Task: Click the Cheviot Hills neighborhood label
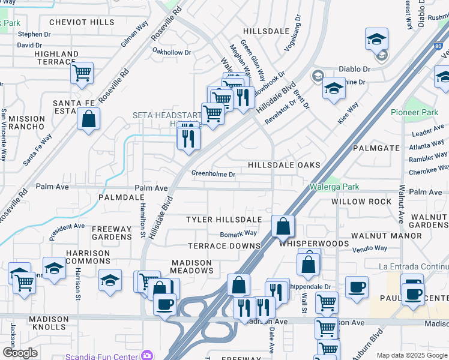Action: pyautogui.click(x=82, y=22)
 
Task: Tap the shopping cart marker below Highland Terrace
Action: pyautogui.click(x=82, y=73)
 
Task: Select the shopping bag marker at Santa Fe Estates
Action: pyautogui.click(x=89, y=118)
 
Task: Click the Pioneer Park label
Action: pyautogui.click(x=414, y=112)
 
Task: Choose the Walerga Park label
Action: pyautogui.click(x=334, y=187)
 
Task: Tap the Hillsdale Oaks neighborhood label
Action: pyautogui.click(x=284, y=165)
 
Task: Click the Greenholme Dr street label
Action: pyautogui.click(x=213, y=174)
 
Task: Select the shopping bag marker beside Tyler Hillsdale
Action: pyautogui.click(x=283, y=226)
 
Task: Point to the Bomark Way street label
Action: pyautogui.click(x=238, y=233)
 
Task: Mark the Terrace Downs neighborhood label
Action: pyautogui.click(x=224, y=246)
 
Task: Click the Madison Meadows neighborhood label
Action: pyautogui.click(x=191, y=266)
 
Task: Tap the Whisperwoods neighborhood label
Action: pyautogui.click(x=314, y=244)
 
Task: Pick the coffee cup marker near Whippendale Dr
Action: pyautogui.click(x=357, y=287)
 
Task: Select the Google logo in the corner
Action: pyautogui.click(x=20, y=353)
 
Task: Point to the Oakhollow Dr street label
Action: pyautogui.click(x=172, y=52)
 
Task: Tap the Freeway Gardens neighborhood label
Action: pyautogui.click(x=111, y=233)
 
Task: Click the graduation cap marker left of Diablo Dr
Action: pyautogui.click(x=376, y=40)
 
